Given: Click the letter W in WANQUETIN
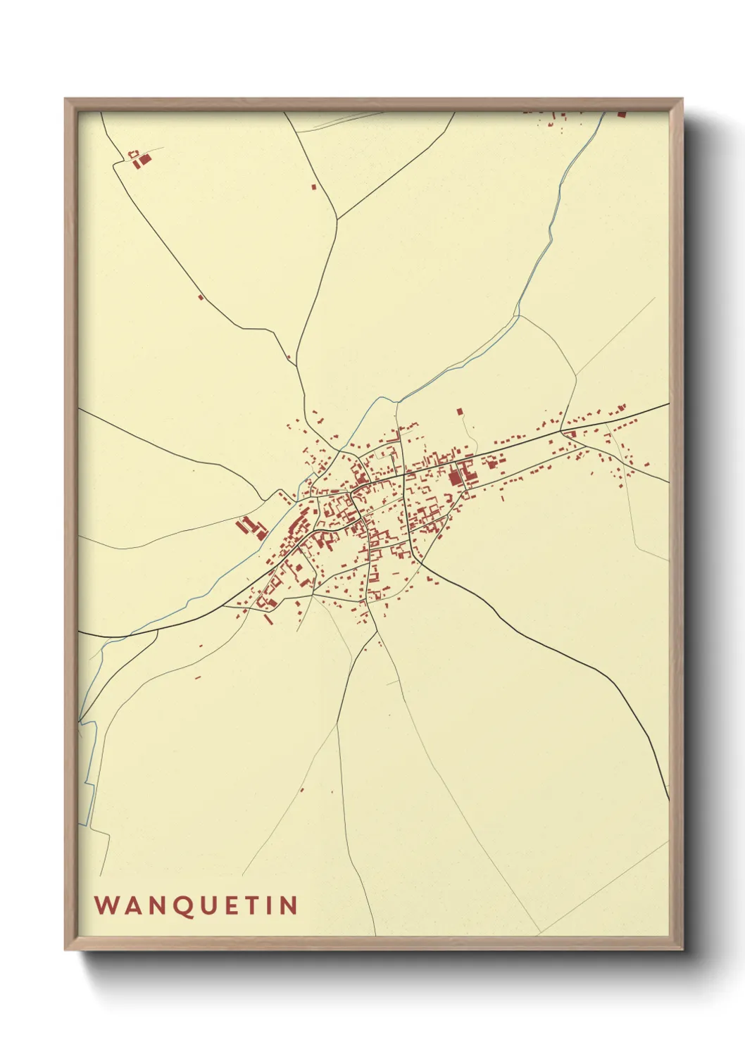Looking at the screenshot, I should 106,905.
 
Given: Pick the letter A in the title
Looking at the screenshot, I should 132,905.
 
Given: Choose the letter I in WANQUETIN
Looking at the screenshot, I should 271,905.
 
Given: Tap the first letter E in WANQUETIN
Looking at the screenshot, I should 233,905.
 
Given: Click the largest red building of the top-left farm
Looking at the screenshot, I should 143,161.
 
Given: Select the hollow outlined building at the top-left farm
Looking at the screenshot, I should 132,153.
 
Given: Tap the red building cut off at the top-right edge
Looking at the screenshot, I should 621,113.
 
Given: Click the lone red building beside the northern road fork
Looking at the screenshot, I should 314,187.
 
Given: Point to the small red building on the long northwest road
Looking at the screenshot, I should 201,297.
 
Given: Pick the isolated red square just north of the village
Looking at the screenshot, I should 460,410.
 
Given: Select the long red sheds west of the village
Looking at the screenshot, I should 247,525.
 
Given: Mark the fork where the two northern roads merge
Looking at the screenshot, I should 337,219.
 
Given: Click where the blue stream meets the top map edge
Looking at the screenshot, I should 603,113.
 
